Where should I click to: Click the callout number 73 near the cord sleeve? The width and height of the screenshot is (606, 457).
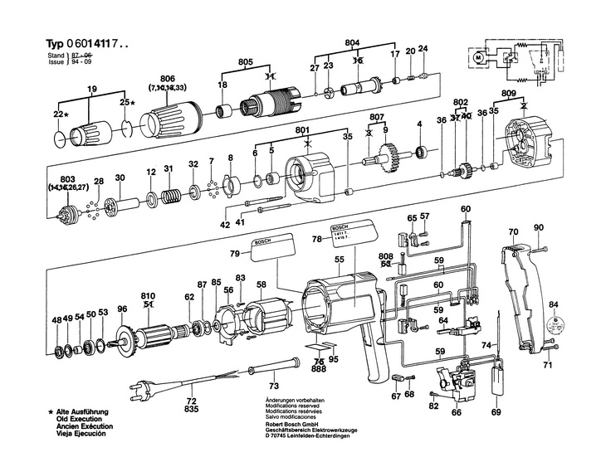[273, 386]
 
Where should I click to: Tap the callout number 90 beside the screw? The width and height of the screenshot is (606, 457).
[539, 227]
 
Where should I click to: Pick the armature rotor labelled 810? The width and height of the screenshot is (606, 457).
[157, 338]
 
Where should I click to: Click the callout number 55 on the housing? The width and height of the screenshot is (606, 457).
[340, 260]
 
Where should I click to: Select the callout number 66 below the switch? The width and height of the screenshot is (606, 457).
[456, 412]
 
